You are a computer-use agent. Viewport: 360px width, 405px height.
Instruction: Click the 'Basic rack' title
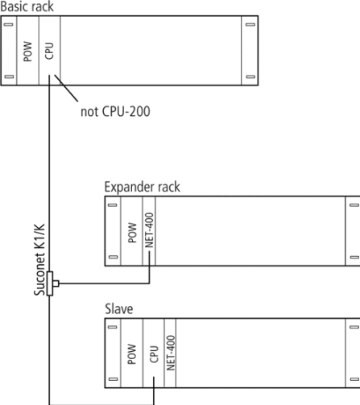coord(27,6)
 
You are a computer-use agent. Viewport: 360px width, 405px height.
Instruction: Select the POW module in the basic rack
coord(28,51)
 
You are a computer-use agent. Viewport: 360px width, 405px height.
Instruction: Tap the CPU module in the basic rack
coord(50,51)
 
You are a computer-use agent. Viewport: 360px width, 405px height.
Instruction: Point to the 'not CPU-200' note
coord(115,111)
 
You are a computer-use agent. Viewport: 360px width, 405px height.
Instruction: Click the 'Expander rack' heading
coord(142,187)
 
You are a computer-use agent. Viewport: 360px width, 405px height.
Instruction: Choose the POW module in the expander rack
coord(132,231)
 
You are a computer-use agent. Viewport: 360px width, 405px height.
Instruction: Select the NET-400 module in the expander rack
coord(149,231)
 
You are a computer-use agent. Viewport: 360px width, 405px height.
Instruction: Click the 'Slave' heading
coord(118,309)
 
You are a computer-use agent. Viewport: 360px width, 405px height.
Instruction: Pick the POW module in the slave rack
coord(132,353)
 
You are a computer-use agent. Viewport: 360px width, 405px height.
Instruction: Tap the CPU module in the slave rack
coord(154,353)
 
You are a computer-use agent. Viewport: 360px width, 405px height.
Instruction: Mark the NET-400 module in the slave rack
coord(170,353)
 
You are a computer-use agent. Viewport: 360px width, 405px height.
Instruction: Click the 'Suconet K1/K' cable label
coord(39,259)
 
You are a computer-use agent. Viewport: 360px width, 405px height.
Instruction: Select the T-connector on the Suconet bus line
coord(52,283)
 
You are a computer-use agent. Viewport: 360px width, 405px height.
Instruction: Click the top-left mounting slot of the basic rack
coord(9,25)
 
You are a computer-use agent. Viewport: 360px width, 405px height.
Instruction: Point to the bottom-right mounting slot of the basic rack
coord(250,76)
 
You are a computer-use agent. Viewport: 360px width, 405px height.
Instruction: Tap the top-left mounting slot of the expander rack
coord(113,205)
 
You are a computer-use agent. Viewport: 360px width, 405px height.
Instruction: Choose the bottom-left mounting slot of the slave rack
coord(113,379)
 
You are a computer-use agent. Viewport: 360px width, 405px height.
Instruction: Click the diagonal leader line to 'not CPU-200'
coord(66,89)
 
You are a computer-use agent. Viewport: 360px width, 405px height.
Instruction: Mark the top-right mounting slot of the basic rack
coord(250,25)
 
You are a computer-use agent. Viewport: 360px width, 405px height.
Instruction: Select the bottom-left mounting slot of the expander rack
coord(113,257)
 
